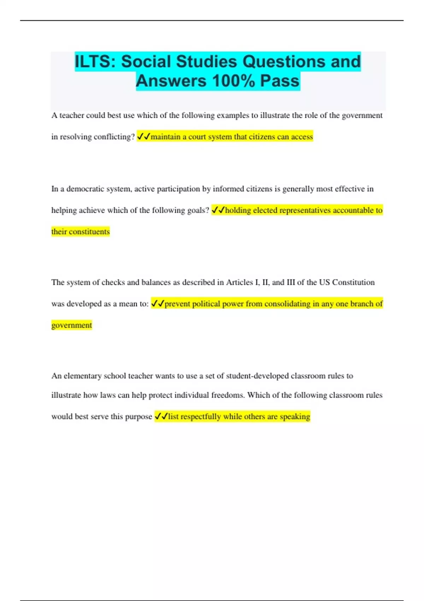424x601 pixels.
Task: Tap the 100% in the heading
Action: [x=234, y=81]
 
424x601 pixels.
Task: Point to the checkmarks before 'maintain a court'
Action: [x=143, y=136]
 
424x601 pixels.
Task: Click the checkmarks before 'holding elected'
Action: [x=218, y=210]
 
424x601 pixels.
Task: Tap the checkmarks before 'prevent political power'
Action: [x=158, y=304]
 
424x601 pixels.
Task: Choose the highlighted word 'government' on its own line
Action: [x=72, y=325]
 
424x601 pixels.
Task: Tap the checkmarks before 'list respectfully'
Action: [x=161, y=416]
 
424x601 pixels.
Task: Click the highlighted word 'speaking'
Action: [x=295, y=416]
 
